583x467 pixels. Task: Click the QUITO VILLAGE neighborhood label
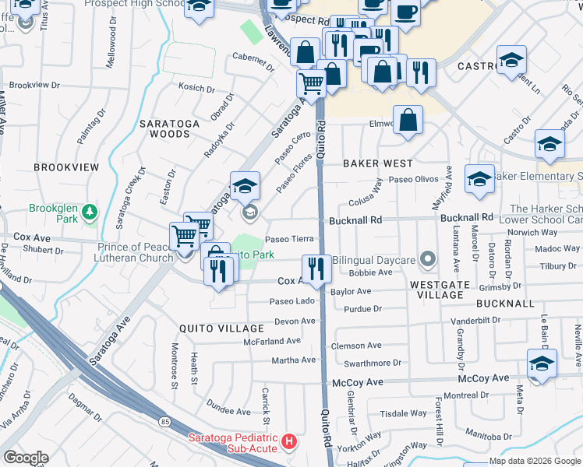click(x=212, y=328)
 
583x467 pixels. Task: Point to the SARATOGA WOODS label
click(x=164, y=128)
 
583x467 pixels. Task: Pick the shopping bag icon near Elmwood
click(x=408, y=120)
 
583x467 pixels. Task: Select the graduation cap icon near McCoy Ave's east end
click(x=542, y=363)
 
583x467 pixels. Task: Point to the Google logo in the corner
click(x=26, y=458)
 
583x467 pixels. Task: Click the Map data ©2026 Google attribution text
click(x=534, y=461)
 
